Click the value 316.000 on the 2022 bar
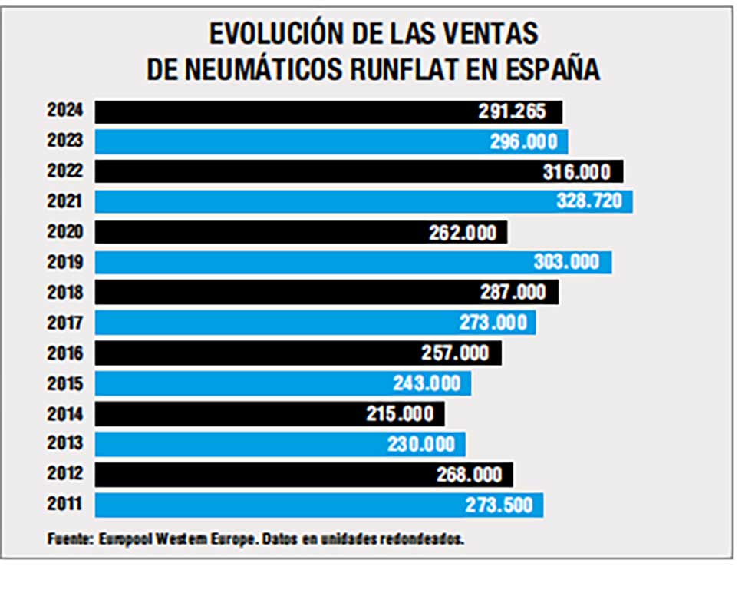pyautogui.click(x=576, y=171)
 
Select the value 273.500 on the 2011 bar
pyautogui.click(x=498, y=505)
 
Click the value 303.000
pyautogui.click(x=566, y=262)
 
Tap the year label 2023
pyautogui.click(x=65, y=141)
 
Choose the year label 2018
pyautogui.click(x=65, y=292)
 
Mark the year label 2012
pyautogui.click(x=65, y=474)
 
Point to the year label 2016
pyautogui.click(x=65, y=353)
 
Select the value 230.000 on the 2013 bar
pyautogui.click(x=420, y=444)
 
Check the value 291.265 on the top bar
pyautogui.click(x=512, y=111)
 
